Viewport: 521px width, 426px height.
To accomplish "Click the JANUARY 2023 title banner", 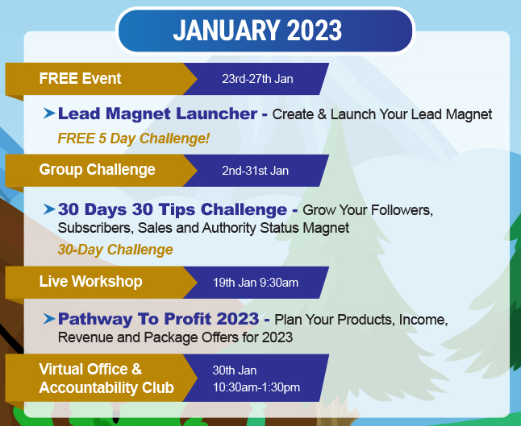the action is (x=265, y=31).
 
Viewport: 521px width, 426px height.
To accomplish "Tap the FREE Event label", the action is (x=80, y=79).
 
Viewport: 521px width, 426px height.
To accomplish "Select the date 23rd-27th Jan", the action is (x=257, y=79).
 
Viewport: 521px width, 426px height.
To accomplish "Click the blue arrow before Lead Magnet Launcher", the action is (x=49, y=113).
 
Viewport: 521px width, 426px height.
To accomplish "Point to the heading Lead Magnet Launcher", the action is (x=157, y=114).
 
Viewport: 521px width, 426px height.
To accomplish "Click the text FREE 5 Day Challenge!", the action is (x=134, y=139).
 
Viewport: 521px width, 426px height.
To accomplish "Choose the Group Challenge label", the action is (x=97, y=170).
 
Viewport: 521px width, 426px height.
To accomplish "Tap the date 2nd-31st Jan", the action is (x=255, y=171).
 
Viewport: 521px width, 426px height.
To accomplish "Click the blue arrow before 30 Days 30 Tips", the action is (x=49, y=209).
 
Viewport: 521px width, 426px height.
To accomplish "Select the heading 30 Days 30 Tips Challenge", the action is (x=173, y=209).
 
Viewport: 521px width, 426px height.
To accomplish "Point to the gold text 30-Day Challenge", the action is (x=115, y=250).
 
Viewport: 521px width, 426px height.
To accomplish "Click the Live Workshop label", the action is (x=90, y=281).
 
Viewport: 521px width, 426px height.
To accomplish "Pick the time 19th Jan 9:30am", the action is (x=256, y=283).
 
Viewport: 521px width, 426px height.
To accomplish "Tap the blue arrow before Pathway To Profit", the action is (x=49, y=319).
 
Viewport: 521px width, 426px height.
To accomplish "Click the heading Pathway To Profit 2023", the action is (x=159, y=319).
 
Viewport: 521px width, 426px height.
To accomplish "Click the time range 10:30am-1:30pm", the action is (x=256, y=387).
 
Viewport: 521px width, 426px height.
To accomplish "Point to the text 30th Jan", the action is (x=235, y=370).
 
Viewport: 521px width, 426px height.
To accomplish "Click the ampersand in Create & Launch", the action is (x=322, y=114).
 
